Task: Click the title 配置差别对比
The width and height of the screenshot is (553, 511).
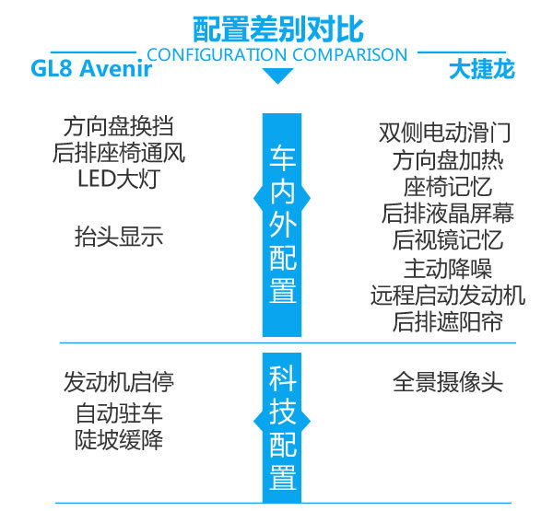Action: point(278,29)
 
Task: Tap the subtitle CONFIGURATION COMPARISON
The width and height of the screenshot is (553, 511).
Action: point(277,55)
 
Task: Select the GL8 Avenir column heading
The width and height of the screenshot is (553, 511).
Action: point(91,68)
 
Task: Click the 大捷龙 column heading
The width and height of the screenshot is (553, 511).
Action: point(482,69)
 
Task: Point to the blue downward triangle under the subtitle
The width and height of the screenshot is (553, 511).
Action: point(278,75)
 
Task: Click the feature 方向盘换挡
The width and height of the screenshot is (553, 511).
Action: point(119,127)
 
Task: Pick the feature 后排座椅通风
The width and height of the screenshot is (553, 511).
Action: point(119,153)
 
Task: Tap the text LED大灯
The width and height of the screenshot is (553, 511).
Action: point(119,179)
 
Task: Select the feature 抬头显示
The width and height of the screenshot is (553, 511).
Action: point(119,237)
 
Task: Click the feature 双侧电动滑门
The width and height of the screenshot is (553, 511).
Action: point(445,133)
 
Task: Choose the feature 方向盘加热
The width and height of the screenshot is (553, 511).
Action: point(448,161)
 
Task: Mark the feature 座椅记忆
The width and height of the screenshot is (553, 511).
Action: point(448,187)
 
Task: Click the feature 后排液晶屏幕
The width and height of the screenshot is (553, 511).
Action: point(448,214)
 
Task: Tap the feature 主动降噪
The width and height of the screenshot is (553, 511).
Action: point(448,269)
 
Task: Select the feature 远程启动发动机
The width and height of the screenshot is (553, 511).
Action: point(448,296)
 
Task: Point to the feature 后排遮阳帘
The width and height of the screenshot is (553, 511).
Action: point(448,321)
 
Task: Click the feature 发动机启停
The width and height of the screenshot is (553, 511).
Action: point(119,382)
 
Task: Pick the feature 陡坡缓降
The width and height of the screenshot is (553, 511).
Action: point(119,440)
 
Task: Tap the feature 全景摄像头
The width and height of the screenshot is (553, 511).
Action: point(448,382)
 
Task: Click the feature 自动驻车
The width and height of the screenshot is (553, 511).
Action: point(119,413)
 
